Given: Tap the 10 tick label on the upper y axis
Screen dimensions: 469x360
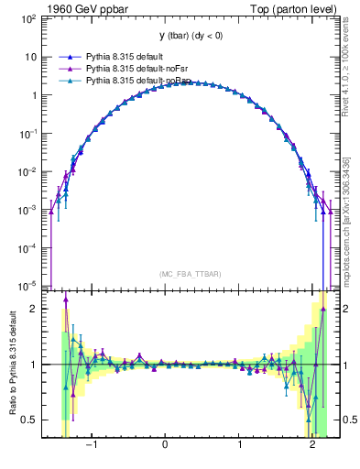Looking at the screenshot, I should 29,57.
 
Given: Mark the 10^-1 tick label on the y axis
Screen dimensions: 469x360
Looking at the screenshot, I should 27,133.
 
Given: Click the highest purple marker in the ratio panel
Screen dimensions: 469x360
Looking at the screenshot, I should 66,298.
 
